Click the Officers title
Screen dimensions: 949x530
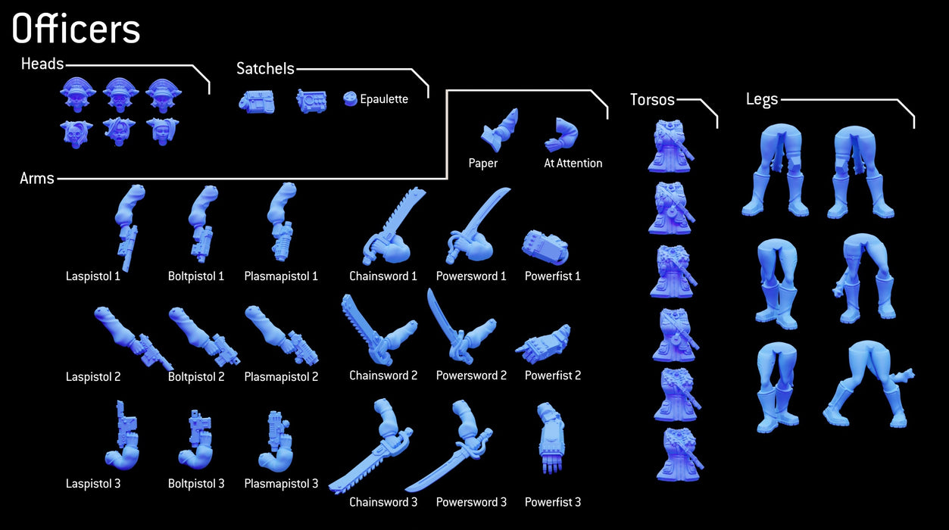[76, 28]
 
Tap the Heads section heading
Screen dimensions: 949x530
[42, 64]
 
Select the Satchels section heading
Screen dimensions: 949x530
[265, 69]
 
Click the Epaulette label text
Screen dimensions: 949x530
[384, 99]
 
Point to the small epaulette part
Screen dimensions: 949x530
[350, 98]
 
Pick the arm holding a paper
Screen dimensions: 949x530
[500, 130]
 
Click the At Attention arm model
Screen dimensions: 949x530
[561, 134]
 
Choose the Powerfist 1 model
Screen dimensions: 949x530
[545, 247]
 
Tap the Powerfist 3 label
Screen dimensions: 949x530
[552, 502]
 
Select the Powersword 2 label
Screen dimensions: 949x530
[471, 376]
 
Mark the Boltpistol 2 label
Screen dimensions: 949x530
[196, 376]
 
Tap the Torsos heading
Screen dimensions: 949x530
[652, 99]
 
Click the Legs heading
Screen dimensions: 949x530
[762, 100]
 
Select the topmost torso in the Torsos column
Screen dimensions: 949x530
[670, 146]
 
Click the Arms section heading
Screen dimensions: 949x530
[37, 179]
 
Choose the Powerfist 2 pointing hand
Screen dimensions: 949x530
[543, 344]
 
